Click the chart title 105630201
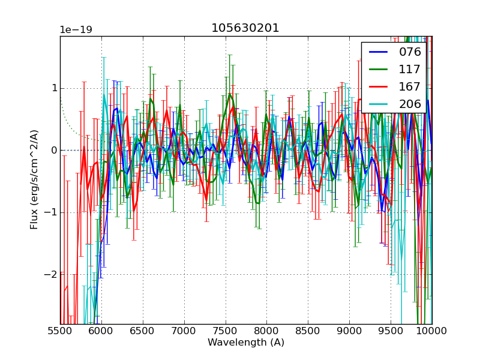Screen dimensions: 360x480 [x=245, y=28]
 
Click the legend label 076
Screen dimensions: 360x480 [x=410, y=52]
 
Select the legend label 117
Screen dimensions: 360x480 [x=410, y=69]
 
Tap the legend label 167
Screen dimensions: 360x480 [x=410, y=86]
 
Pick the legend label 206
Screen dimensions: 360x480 [x=410, y=104]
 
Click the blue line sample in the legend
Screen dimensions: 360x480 [x=378, y=52]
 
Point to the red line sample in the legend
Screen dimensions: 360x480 [x=378, y=86]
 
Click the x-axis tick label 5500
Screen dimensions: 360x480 [x=60, y=331]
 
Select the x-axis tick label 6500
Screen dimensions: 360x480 [x=143, y=331]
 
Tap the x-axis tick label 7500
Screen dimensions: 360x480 [x=226, y=331]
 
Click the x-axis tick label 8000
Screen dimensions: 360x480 [x=266, y=331]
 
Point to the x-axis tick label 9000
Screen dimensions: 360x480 [x=349, y=331]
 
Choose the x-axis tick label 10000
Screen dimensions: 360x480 [x=432, y=331]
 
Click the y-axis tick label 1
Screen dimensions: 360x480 [x=54, y=88]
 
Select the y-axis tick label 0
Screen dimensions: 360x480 [x=54, y=150]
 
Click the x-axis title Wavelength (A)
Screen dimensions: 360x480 [x=245, y=343]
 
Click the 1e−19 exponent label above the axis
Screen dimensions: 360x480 [x=76, y=30]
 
